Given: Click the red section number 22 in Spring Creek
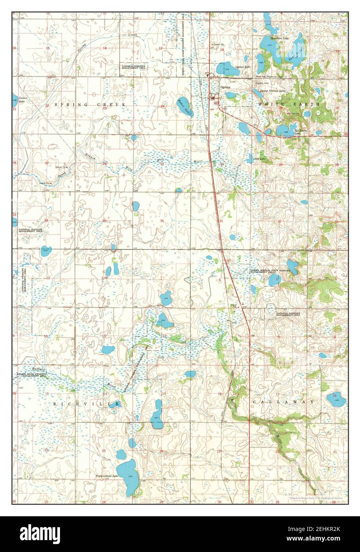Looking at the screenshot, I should coord(46,106).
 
